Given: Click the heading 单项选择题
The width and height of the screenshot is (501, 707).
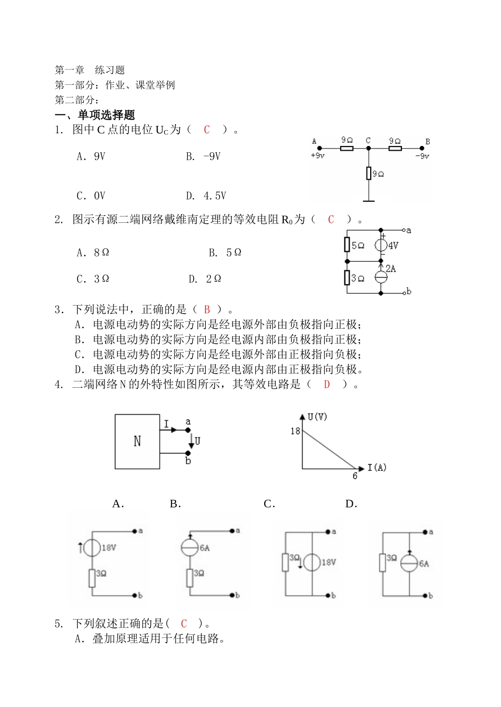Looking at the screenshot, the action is (x=106, y=115).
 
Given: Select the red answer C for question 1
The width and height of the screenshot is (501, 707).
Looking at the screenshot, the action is (x=207, y=130).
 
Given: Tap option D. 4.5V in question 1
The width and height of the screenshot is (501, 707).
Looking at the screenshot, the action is (x=206, y=196).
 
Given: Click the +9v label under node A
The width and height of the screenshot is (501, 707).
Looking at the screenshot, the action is (x=317, y=156).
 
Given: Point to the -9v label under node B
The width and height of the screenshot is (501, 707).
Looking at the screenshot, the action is (x=422, y=156).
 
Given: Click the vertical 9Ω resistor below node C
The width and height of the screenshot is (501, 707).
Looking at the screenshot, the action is (x=369, y=173).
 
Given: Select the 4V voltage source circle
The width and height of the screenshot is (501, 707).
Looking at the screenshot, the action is (x=381, y=246).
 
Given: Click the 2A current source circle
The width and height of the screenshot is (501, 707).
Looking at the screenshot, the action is (x=381, y=277).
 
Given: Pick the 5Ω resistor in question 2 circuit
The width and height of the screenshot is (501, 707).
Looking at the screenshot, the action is (x=347, y=245).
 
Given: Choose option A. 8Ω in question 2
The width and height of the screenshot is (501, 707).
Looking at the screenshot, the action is (x=93, y=253).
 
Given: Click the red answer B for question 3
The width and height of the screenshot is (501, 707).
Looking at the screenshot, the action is (x=207, y=310).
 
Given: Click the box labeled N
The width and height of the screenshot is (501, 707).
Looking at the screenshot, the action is (x=137, y=441).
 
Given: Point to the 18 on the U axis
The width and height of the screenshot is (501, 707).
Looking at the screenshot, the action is (x=295, y=431).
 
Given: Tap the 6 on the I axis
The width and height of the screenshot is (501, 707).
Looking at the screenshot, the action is (x=355, y=476).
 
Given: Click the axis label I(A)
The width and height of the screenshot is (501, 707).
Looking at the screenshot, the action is (x=377, y=467).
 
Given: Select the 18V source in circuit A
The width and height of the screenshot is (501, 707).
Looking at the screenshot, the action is (x=92, y=548).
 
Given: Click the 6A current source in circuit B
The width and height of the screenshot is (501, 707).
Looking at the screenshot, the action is (x=190, y=548).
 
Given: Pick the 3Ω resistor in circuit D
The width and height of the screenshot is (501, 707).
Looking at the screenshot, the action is (x=383, y=562).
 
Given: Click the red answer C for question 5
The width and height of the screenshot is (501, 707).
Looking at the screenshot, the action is (x=184, y=624).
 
